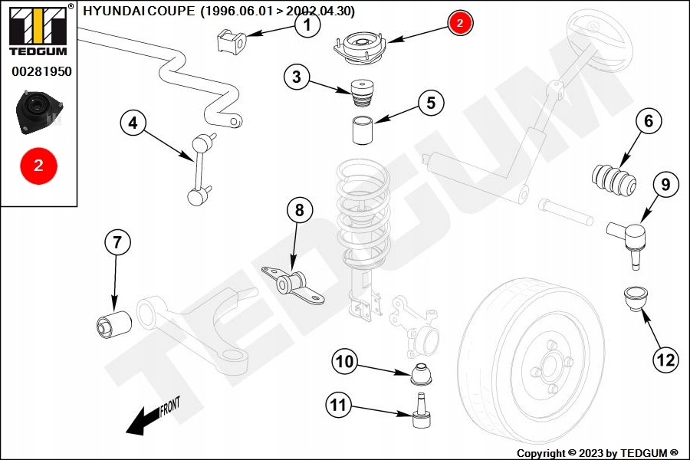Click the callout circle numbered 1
click(307, 26)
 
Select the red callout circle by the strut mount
click(460, 23)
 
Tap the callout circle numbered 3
click(297, 77)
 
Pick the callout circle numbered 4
click(133, 123)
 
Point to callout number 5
click(430, 103)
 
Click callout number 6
click(649, 121)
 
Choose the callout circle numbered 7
click(117, 243)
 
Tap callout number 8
click(300, 209)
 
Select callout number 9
click(665, 185)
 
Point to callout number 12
click(665, 358)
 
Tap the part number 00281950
click(41, 72)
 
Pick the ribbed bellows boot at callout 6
click(616, 180)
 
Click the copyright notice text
click(597, 453)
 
